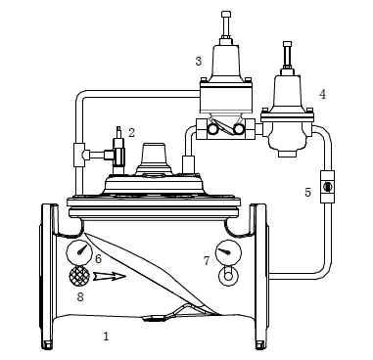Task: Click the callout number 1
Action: (106, 336)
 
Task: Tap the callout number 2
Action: (131, 130)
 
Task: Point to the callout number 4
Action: (321, 95)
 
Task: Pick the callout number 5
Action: (306, 192)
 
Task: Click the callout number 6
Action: (98, 258)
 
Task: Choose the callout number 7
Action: (206, 261)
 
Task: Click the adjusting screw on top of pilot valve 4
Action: (286, 53)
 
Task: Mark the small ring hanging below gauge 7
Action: (228, 276)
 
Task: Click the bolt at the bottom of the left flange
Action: (46, 342)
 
